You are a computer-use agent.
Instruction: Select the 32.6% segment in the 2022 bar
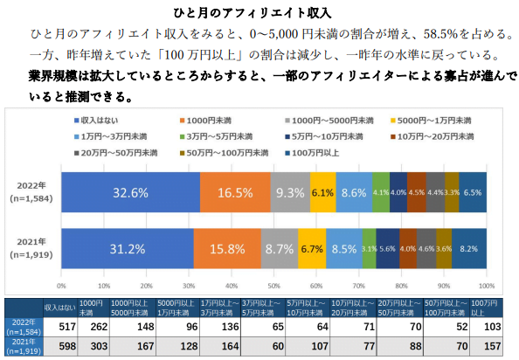(x=130, y=192)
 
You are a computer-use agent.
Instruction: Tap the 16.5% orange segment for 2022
(x=234, y=192)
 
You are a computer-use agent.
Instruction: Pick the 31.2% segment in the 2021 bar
(x=128, y=248)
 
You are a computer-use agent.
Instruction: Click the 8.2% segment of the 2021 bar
(x=469, y=248)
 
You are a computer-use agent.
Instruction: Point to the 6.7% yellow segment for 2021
(x=312, y=248)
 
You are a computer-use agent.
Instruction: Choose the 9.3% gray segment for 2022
(x=289, y=192)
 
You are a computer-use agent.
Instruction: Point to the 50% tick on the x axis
(x=274, y=286)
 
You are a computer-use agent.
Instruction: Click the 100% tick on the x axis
(x=488, y=286)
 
